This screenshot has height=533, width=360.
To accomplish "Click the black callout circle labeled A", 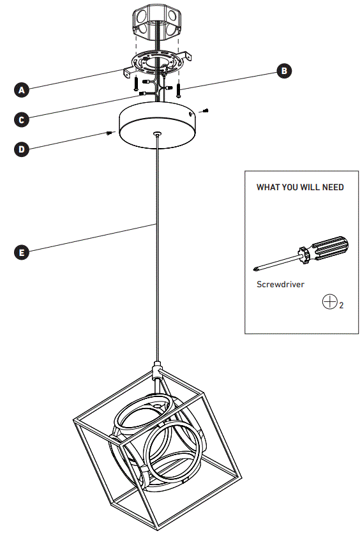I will click(x=22, y=91).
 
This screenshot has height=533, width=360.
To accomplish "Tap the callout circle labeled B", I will click(x=284, y=71).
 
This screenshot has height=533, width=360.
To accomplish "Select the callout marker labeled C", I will click(x=22, y=119).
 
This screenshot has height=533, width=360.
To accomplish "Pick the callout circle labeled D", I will click(x=22, y=149).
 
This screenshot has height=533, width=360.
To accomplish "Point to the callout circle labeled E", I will click(x=22, y=252).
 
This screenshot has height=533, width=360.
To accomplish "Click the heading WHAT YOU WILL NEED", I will click(x=300, y=188).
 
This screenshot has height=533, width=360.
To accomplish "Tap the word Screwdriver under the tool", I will click(x=280, y=284).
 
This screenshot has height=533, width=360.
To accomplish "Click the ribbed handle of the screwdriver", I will click(x=329, y=248).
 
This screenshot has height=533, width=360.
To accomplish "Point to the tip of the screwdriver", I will click(x=257, y=269).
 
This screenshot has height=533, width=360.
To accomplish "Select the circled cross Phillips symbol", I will click(x=329, y=302).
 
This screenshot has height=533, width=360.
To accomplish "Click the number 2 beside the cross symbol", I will click(x=341, y=306).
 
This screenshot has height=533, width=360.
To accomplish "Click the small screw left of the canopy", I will click(x=110, y=133).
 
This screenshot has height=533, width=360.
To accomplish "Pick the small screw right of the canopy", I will click(x=206, y=112).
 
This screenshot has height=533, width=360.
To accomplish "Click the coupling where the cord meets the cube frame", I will click(x=157, y=369).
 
